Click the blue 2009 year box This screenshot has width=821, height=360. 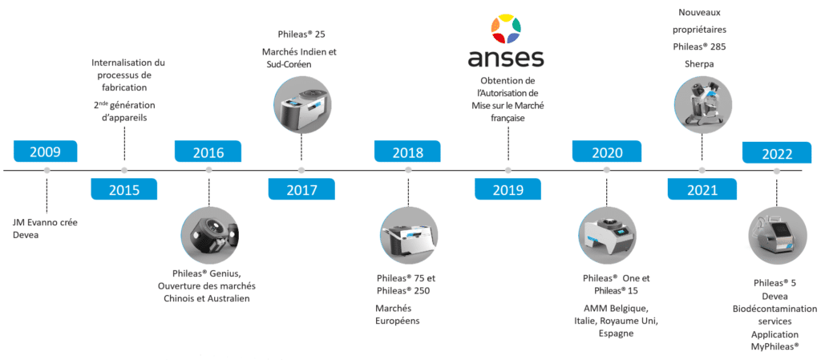46,152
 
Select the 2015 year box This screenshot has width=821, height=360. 124,189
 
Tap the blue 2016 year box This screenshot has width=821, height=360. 208,152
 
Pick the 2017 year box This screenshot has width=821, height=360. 301,189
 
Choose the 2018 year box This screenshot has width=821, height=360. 407,152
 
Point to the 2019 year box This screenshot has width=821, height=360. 508,189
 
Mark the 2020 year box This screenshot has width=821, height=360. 607,152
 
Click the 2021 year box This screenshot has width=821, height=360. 702,189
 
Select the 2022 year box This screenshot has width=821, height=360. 777,153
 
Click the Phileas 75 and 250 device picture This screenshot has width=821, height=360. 407,240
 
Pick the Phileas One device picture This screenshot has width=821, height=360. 606,239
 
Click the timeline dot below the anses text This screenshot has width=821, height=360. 508,170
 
